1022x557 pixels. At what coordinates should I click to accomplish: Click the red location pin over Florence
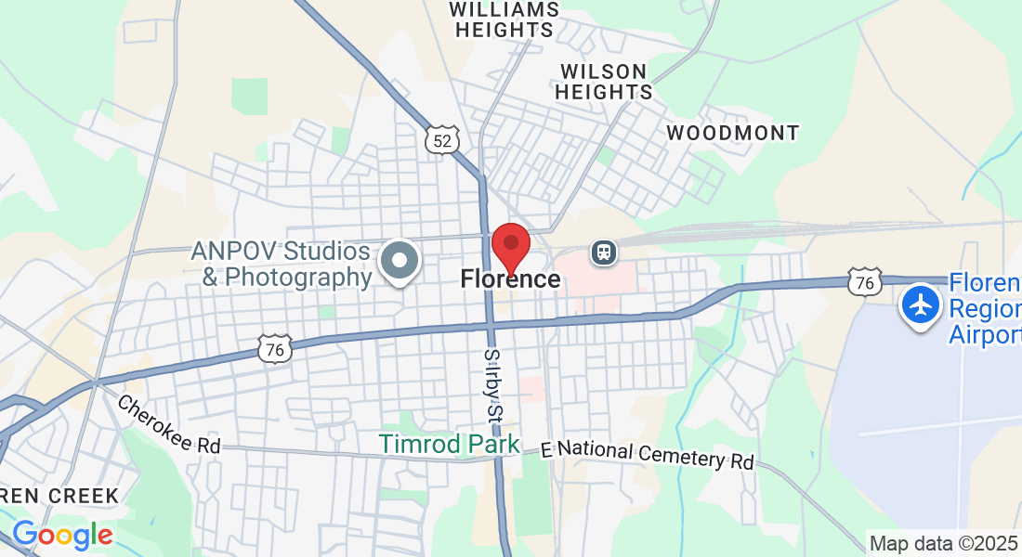point(510,246)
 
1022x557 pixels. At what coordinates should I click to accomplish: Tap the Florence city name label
point(510,278)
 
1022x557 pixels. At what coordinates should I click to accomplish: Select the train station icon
point(604,252)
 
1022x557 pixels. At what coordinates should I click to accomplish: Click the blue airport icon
point(921,304)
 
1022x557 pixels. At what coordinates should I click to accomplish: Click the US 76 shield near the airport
point(864,282)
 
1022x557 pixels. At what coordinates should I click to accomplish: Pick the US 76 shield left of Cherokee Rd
point(276,348)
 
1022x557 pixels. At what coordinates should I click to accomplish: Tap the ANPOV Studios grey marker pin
point(401,261)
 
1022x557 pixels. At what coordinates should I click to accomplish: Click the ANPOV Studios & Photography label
point(282,264)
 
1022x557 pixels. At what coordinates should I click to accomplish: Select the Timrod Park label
point(450,444)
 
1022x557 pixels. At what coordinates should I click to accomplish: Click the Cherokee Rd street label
point(168,425)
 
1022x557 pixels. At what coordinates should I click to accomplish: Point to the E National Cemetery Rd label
point(648,453)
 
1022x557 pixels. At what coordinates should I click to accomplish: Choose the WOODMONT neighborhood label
point(733,133)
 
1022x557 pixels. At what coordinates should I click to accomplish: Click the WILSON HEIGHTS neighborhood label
point(604,82)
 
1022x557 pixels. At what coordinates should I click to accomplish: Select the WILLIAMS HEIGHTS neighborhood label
point(504,19)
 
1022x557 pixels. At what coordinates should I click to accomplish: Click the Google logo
point(62,535)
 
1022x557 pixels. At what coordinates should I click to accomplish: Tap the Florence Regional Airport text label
point(985,308)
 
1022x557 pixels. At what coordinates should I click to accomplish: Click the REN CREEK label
point(59,496)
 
